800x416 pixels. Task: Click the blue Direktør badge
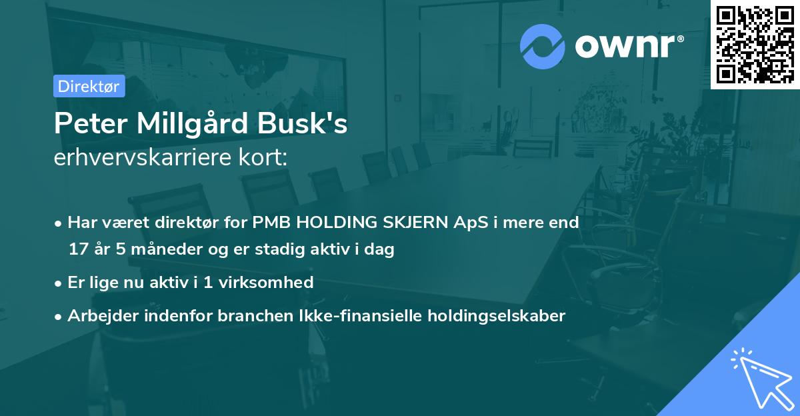pyautogui.click(x=89, y=86)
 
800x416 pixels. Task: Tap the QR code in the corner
pyautogui.click(x=755, y=44)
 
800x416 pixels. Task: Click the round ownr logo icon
pyautogui.click(x=543, y=47)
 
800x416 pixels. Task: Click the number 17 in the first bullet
pyautogui.click(x=77, y=250)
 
